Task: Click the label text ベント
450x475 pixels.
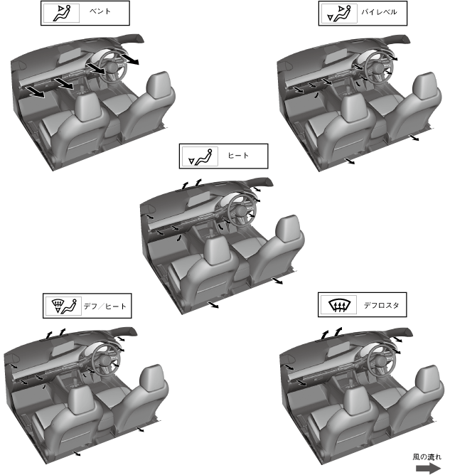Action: click(x=100, y=11)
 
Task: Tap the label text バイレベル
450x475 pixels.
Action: click(x=379, y=12)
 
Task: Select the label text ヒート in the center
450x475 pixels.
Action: click(x=238, y=156)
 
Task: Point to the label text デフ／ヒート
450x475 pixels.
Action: click(x=105, y=306)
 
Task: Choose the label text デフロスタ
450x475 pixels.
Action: click(x=381, y=305)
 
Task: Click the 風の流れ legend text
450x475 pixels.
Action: click(x=427, y=457)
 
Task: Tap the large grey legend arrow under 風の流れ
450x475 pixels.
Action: click(x=428, y=468)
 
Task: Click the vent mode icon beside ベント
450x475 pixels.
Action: click(x=62, y=14)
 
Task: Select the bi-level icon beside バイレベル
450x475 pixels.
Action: click(x=339, y=14)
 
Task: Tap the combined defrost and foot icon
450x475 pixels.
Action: click(x=64, y=306)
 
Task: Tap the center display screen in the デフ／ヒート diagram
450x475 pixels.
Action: click(x=63, y=348)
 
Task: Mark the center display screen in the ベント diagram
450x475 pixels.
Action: click(x=69, y=55)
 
